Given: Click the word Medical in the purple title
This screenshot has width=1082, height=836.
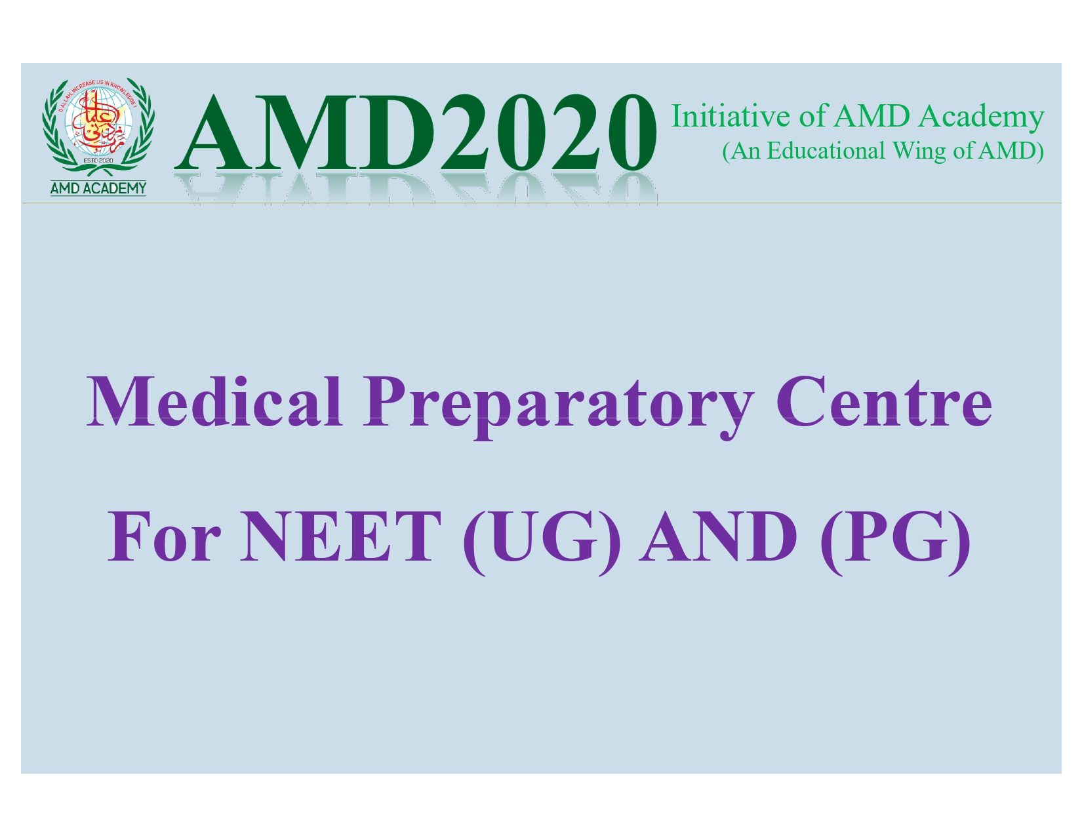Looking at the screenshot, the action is (x=214, y=402).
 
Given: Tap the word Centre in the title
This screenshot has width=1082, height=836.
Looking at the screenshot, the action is (x=884, y=402).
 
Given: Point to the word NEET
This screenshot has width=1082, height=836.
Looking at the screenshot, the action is (x=341, y=536).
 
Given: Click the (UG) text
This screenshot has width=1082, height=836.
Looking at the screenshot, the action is (x=542, y=542).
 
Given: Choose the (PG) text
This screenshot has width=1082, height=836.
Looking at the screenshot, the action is (x=895, y=542).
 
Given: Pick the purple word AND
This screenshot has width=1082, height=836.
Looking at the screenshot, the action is (x=719, y=536).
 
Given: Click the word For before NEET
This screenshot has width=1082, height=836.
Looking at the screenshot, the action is (x=165, y=536).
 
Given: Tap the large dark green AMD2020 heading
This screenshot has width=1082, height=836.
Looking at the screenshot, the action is (x=416, y=132).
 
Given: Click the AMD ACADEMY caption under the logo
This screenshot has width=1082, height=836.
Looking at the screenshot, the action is (x=98, y=188).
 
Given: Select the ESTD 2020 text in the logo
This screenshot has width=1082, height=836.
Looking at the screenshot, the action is (x=98, y=161).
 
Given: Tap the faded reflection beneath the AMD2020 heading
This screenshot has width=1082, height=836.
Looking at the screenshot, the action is (x=416, y=188).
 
